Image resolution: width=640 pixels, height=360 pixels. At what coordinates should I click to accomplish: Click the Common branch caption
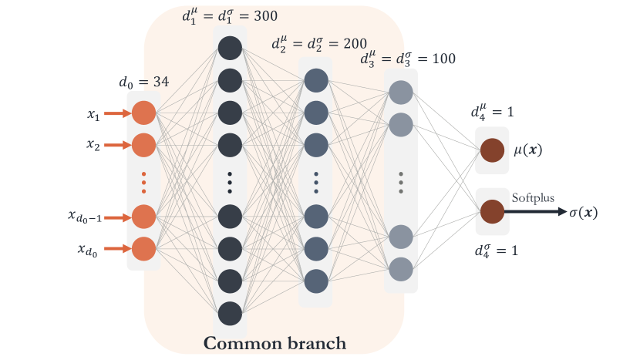[275, 343]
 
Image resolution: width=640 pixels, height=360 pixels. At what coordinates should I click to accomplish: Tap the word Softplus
[533, 198]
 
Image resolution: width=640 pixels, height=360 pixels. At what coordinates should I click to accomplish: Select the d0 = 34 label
[143, 82]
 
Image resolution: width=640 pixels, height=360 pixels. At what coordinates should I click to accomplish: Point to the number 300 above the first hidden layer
[266, 16]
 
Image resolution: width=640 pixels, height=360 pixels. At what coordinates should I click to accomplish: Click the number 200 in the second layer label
[355, 43]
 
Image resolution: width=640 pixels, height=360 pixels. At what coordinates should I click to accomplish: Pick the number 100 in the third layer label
[444, 59]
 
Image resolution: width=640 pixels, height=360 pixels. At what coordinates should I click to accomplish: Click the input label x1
[93, 115]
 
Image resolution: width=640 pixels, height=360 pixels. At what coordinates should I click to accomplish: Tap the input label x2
[93, 145]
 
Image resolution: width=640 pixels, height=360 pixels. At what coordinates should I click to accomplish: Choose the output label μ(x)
[527, 150]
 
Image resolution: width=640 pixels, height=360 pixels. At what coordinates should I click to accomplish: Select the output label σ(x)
[583, 213]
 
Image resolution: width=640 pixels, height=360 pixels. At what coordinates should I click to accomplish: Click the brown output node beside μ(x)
[492, 150]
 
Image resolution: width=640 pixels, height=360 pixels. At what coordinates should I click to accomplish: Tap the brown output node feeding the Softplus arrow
[492, 211]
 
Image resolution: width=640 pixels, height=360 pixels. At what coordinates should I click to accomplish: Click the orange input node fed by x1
[143, 113]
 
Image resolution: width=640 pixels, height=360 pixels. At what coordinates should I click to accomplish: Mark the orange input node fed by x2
[143, 145]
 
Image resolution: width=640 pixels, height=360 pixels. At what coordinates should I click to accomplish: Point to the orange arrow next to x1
[117, 113]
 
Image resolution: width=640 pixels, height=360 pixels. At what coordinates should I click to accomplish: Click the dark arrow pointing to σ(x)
[535, 211]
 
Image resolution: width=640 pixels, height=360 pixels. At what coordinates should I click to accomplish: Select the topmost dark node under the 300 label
[230, 48]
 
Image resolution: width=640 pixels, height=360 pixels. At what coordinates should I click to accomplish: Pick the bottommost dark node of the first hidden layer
[230, 314]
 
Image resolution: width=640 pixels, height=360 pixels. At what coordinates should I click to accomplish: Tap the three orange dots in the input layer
[143, 183]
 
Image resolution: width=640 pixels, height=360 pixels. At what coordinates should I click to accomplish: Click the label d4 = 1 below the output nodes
[497, 251]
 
